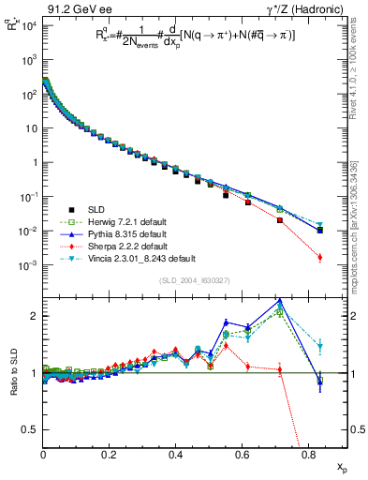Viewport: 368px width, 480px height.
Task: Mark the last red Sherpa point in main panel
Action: pyautogui.click(x=320, y=257)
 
